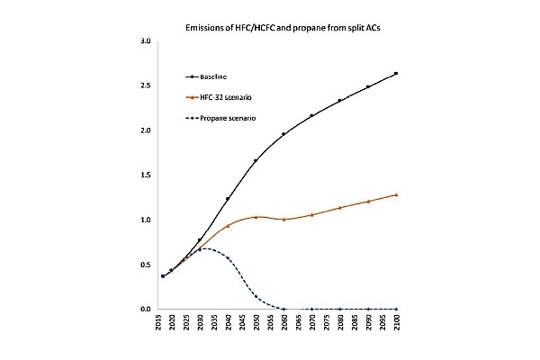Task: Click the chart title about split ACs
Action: (283, 28)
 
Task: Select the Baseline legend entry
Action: (206, 76)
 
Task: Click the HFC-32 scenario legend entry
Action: (219, 97)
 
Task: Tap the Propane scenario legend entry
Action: (220, 118)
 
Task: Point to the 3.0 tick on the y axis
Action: (146, 41)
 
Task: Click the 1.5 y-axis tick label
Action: (146, 175)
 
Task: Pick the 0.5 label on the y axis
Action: (146, 265)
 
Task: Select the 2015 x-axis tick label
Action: (158, 322)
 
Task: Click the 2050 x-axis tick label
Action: (256, 322)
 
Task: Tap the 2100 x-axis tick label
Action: (396, 322)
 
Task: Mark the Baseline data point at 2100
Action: (396, 74)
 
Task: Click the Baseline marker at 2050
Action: (256, 160)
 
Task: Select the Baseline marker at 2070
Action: (311, 115)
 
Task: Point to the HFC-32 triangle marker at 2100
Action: (396, 194)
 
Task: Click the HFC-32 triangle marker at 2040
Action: (228, 226)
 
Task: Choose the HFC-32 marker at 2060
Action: (283, 219)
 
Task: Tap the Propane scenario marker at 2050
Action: (256, 296)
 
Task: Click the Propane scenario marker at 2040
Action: (228, 258)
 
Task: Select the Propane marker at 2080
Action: (340, 309)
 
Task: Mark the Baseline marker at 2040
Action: (228, 199)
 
